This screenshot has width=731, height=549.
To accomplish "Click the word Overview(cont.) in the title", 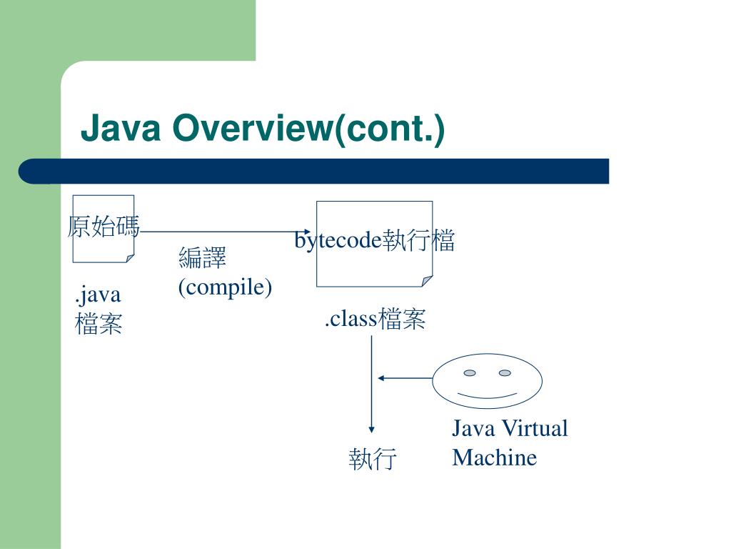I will click(306, 129).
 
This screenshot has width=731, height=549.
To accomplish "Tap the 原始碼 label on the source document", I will click(104, 227).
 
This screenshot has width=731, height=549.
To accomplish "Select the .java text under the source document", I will click(98, 295).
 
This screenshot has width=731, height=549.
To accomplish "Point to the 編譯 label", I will click(202, 257).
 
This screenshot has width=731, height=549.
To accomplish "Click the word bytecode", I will click(338, 241).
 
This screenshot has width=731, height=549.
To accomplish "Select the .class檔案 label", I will click(375, 319).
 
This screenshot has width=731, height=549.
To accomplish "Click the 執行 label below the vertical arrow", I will click(372, 458).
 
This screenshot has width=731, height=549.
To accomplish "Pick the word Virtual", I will click(536, 429).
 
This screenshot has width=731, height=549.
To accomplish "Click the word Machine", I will click(494, 457).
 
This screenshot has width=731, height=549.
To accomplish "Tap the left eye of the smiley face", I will click(470, 372).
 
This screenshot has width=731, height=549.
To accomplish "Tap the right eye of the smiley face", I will click(505, 372).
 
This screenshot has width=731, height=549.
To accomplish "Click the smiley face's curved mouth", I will click(487, 395).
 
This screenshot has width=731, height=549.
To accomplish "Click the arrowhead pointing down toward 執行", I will click(371, 429).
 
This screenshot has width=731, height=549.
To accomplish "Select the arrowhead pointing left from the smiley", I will click(381, 377).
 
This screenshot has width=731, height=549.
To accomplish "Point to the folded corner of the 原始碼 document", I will click(129, 257).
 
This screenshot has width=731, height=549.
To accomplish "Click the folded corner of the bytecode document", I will click(427, 281).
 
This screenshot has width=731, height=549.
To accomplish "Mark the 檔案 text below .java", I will click(99, 325).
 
